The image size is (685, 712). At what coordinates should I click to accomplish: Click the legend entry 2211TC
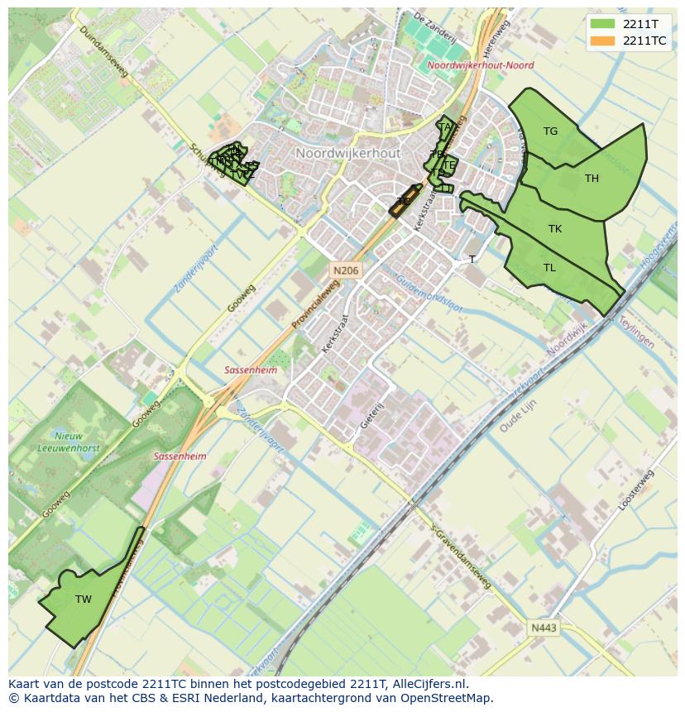644,41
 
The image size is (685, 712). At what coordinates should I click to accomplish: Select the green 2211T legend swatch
603,24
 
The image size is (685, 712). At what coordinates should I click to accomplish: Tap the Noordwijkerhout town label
347,153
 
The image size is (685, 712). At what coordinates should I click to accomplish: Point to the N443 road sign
544,628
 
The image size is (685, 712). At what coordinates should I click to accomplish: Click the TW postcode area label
84,599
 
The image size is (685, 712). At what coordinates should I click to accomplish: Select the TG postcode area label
550,131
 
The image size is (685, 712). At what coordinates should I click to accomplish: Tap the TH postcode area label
592,178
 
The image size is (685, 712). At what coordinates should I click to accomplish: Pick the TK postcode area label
554,228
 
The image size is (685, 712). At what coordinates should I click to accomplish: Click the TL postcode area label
549,267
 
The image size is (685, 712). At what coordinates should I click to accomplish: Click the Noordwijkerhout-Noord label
481,65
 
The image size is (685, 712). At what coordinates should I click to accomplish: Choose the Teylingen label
636,332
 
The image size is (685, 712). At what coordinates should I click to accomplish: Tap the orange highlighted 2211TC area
402,201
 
